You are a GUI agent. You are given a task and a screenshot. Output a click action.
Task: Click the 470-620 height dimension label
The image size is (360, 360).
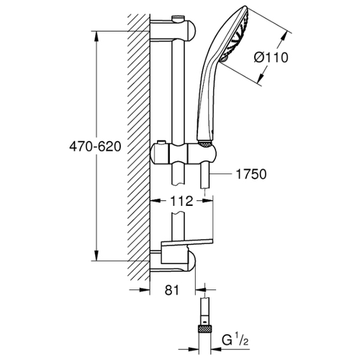pos(95,146)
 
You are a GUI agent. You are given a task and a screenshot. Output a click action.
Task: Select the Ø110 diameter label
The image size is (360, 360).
pos(271,58)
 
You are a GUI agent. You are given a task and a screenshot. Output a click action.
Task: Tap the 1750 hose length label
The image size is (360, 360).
pos(251,174)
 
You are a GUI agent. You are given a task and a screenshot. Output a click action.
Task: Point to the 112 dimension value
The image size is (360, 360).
pos(181,201)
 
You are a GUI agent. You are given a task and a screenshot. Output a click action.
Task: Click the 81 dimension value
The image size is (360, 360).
pos(172,290)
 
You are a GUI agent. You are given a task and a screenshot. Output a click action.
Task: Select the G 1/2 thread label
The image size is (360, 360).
pos(235,341)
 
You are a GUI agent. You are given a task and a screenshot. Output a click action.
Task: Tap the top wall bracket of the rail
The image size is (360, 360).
pos(173,30)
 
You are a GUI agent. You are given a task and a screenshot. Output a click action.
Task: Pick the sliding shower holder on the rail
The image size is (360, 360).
pos(183,153)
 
